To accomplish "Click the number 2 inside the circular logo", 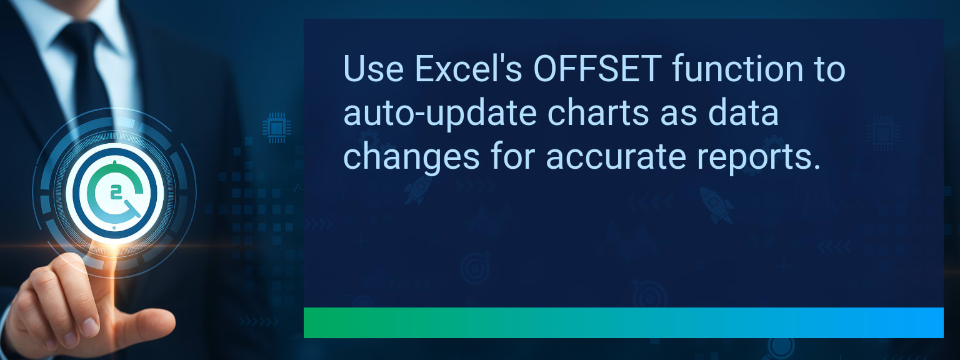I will pyautogui.click(x=116, y=192).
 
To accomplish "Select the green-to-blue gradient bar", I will pyautogui.click(x=623, y=322).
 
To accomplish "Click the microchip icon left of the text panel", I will pyautogui.click(x=274, y=127).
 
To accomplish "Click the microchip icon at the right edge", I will pyautogui.click(x=882, y=133).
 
